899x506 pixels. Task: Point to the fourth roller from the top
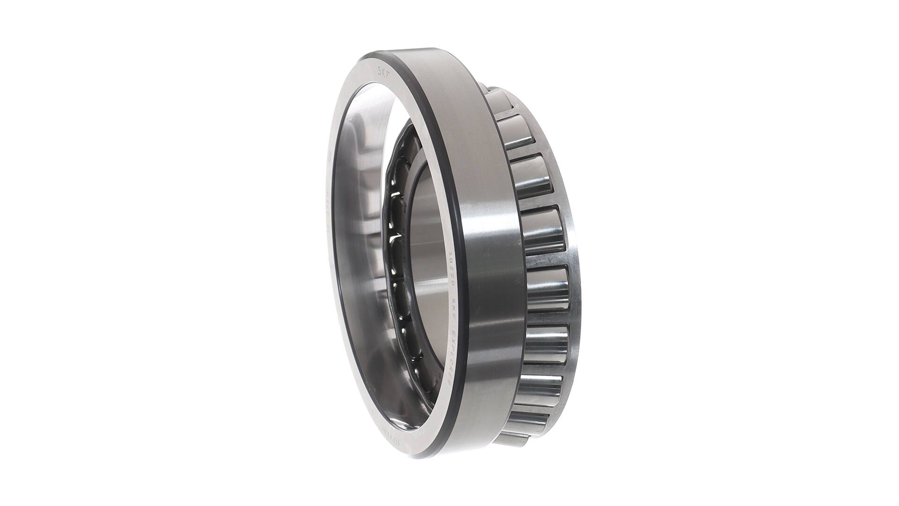543,230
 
